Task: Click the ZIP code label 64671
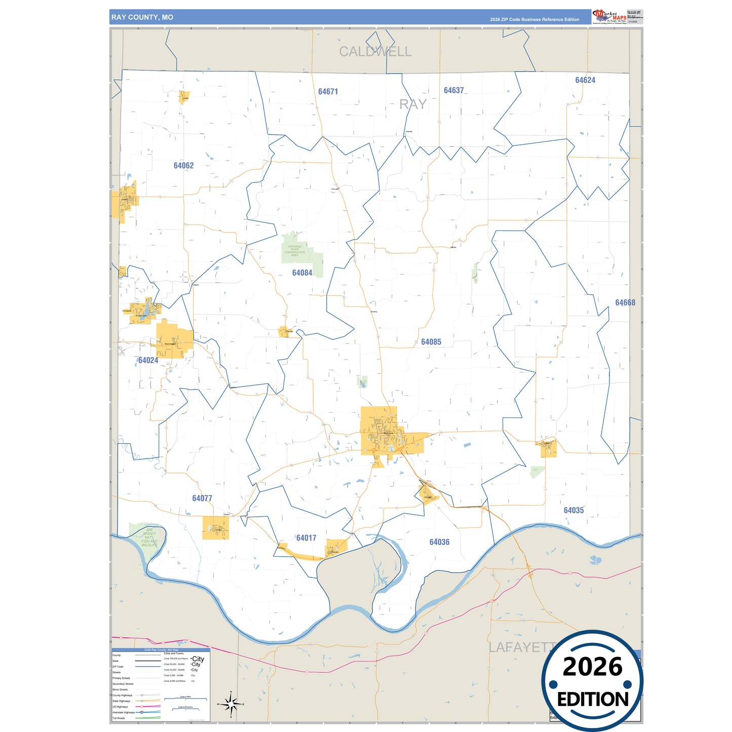[328, 92]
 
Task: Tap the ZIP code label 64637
[453, 91]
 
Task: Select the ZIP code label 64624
[585, 80]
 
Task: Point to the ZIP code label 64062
[183, 166]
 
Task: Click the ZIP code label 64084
[302, 273]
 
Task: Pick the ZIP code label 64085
[431, 342]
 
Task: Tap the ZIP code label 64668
[625, 302]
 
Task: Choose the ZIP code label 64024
[148, 361]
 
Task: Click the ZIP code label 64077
[202, 498]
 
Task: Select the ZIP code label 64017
[306, 538]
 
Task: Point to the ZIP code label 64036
[439, 542]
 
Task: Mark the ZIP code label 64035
[573, 510]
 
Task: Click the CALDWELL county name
[375, 52]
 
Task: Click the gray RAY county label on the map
[413, 104]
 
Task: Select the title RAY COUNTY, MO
[142, 17]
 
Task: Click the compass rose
[230, 704]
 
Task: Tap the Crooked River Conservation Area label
[294, 251]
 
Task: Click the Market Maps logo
[609, 16]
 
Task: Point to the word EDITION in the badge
[593, 700]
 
